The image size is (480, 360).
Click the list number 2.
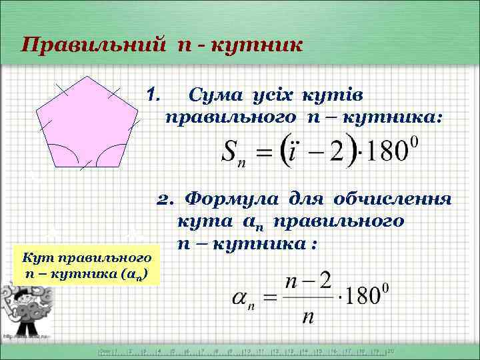[x=164, y=200]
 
